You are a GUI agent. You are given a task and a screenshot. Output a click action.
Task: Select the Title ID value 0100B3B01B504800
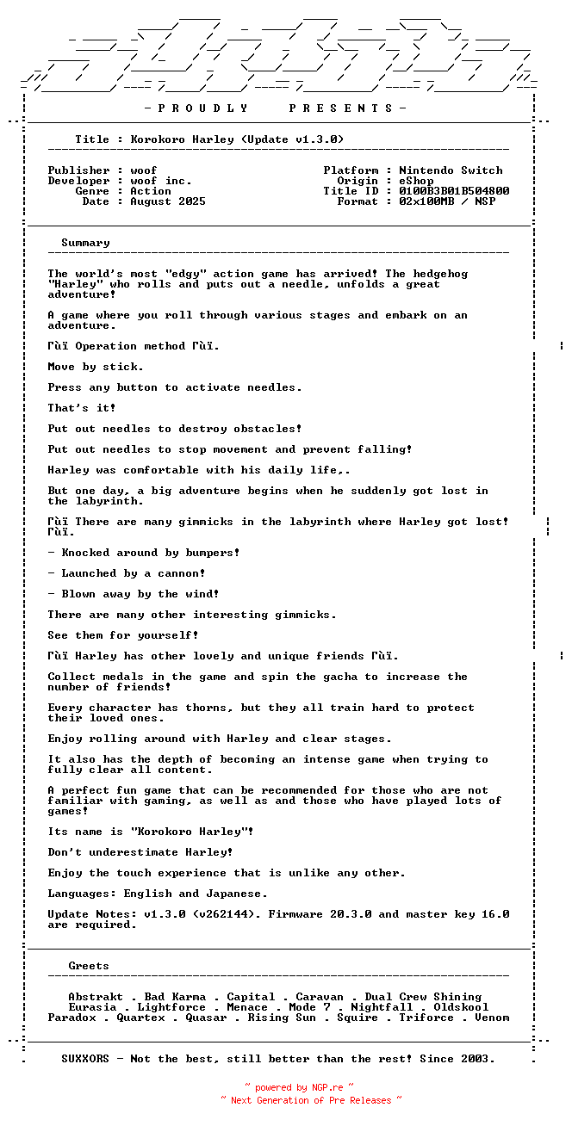click(x=454, y=191)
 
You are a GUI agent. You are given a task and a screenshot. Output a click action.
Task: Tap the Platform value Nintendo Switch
click(x=451, y=170)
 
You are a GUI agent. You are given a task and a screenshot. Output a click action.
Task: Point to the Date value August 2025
click(x=168, y=201)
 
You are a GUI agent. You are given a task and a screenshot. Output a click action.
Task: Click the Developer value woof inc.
click(x=161, y=181)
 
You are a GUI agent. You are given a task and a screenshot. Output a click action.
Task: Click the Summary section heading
click(x=85, y=243)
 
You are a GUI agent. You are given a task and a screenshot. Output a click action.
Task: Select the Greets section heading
click(x=89, y=966)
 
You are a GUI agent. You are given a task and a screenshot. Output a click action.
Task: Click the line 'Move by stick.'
click(x=96, y=367)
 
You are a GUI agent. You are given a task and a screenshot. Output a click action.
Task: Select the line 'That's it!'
click(x=82, y=408)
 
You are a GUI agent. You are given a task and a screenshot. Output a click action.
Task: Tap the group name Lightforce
click(x=171, y=1007)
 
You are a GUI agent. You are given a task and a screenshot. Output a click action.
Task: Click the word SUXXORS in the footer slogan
click(x=85, y=1059)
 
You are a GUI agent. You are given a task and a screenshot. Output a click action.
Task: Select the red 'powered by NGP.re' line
click(x=299, y=1088)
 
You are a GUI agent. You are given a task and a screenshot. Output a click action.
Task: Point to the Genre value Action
click(x=151, y=191)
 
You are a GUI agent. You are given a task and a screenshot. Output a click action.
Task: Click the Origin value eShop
click(x=416, y=181)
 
